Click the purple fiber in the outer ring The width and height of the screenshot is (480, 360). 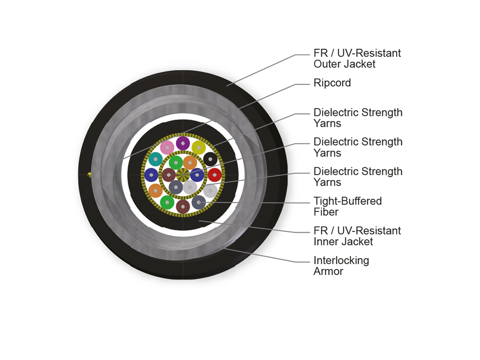coord(182,143)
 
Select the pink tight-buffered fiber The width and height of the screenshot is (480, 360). coord(167,148)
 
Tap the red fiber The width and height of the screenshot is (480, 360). coord(214,175)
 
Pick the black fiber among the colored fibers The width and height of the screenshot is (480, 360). coord(210,159)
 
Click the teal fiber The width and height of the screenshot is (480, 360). coord(155,159)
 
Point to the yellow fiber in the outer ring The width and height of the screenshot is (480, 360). coord(198,148)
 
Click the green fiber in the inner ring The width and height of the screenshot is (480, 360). coord(176,163)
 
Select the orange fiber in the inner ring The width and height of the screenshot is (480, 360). coord(190,163)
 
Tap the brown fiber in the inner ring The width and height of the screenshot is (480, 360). coord(169,175)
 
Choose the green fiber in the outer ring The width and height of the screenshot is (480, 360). coord(167,202)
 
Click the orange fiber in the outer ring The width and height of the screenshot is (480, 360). coord(155,191)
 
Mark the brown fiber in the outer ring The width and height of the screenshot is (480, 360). coord(182,206)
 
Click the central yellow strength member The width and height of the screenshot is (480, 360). coord(183,175)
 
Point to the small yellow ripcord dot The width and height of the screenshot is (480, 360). coord(90,175)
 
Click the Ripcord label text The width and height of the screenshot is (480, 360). coord(332,83)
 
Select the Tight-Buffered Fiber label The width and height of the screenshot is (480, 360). coord(348,206)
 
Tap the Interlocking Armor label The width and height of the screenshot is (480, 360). coord(341,266)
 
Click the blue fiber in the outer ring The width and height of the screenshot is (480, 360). coord(151,175)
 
